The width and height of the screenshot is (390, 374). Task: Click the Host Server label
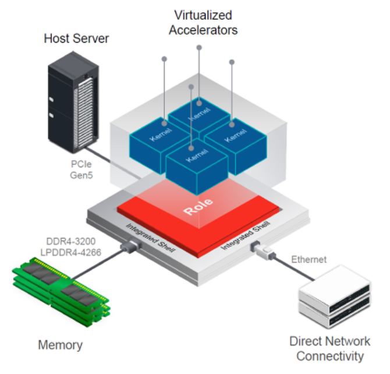click(76, 38)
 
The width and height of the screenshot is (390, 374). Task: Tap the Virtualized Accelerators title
click(203, 23)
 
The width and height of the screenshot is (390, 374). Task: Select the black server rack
click(73, 102)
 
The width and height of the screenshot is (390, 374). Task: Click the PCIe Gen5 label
click(81, 170)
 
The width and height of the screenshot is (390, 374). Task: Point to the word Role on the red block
click(198, 206)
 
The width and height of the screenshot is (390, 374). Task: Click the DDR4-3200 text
click(71, 241)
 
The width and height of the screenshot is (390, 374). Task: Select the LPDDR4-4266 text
click(71, 252)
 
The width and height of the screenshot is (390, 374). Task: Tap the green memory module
click(61, 292)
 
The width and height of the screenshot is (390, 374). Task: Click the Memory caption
click(60, 345)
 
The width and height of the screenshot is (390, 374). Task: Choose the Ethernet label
click(309, 259)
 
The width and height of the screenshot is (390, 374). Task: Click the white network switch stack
click(335, 297)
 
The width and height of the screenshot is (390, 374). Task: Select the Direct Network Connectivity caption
click(330, 348)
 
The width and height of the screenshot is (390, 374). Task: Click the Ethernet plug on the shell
click(263, 250)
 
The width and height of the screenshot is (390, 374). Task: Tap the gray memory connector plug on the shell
click(130, 245)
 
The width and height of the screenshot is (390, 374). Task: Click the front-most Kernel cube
click(197, 167)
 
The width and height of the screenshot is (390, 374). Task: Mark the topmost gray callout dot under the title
click(199, 47)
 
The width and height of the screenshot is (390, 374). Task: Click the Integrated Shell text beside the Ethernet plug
click(246, 235)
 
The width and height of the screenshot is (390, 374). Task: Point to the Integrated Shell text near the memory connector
click(151, 238)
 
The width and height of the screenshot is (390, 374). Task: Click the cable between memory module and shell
click(98, 264)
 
